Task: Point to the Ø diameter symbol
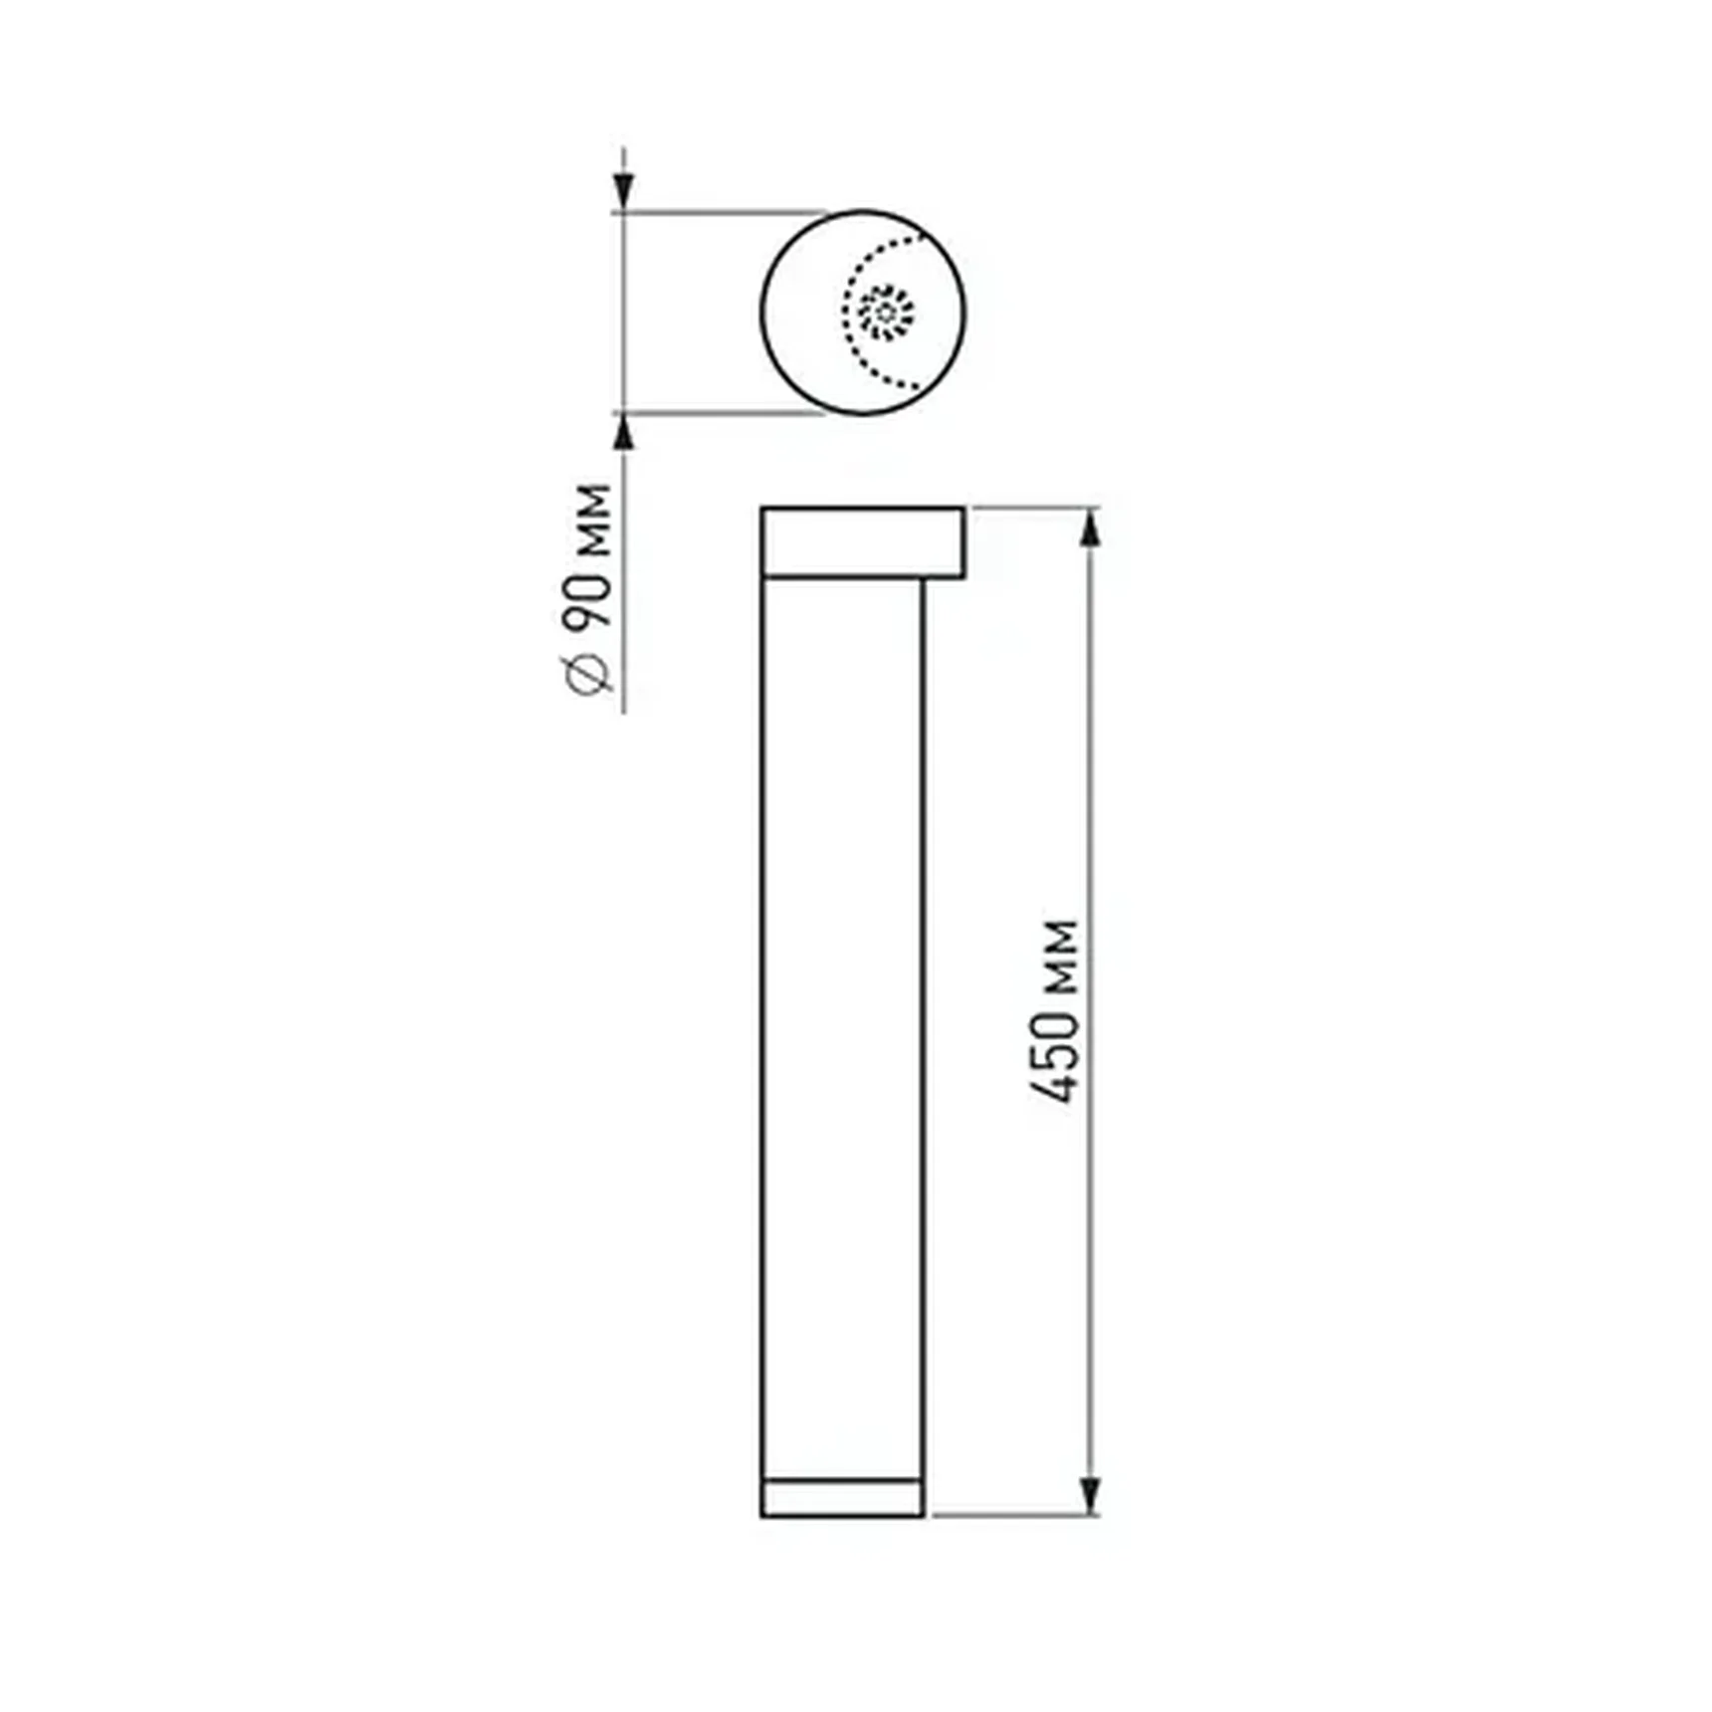coord(589,676)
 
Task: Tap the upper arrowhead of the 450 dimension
coord(1091,528)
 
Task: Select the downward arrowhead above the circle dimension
coord(623,189)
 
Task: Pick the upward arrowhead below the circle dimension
coord(623,433)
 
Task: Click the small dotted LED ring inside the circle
coord(886,312)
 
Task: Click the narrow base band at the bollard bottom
coord(842,1498)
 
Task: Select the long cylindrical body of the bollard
coord(842,1025)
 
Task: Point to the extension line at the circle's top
coord(717,212)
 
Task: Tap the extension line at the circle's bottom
coord(717,411)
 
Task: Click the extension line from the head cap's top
coord(1035,508)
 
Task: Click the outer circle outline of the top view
coord(762,312)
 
